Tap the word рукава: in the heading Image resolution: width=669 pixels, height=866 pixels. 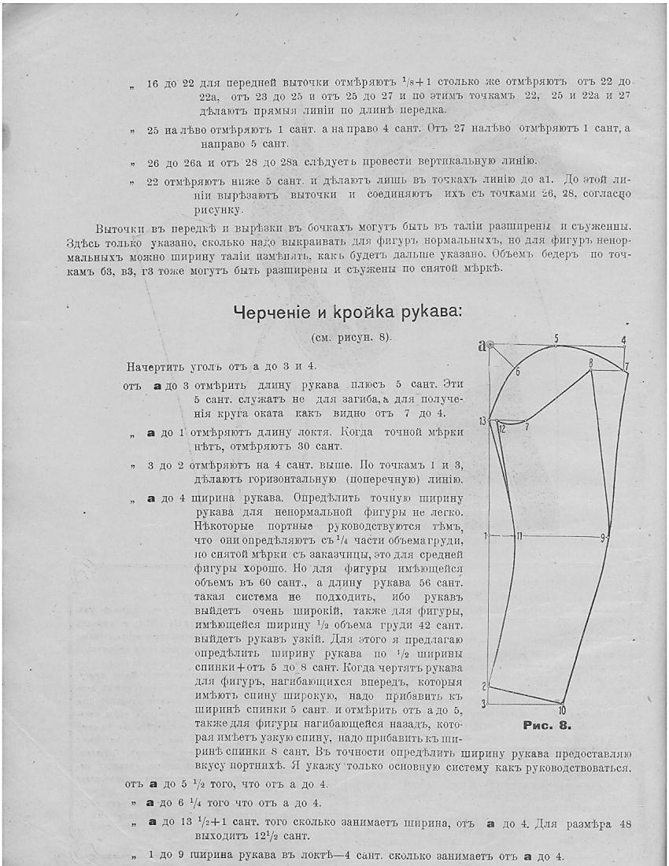point(429,313)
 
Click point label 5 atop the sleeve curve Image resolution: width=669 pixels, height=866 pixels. point(556,339)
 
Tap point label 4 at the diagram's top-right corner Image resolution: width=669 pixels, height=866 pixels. point(623,341)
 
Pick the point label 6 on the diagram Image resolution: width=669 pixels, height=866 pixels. point(518,372)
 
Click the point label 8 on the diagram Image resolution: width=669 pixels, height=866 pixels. point(590,363)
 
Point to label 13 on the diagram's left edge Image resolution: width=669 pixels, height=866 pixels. point(482,422)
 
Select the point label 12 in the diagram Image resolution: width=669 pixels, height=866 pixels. point(501,429)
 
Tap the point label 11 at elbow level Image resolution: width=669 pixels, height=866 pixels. point(519,536)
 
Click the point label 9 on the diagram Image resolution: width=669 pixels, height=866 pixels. point(603,538)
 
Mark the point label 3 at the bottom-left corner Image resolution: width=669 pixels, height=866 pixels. point(485,701)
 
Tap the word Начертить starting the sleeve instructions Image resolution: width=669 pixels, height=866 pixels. point(153,367)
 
